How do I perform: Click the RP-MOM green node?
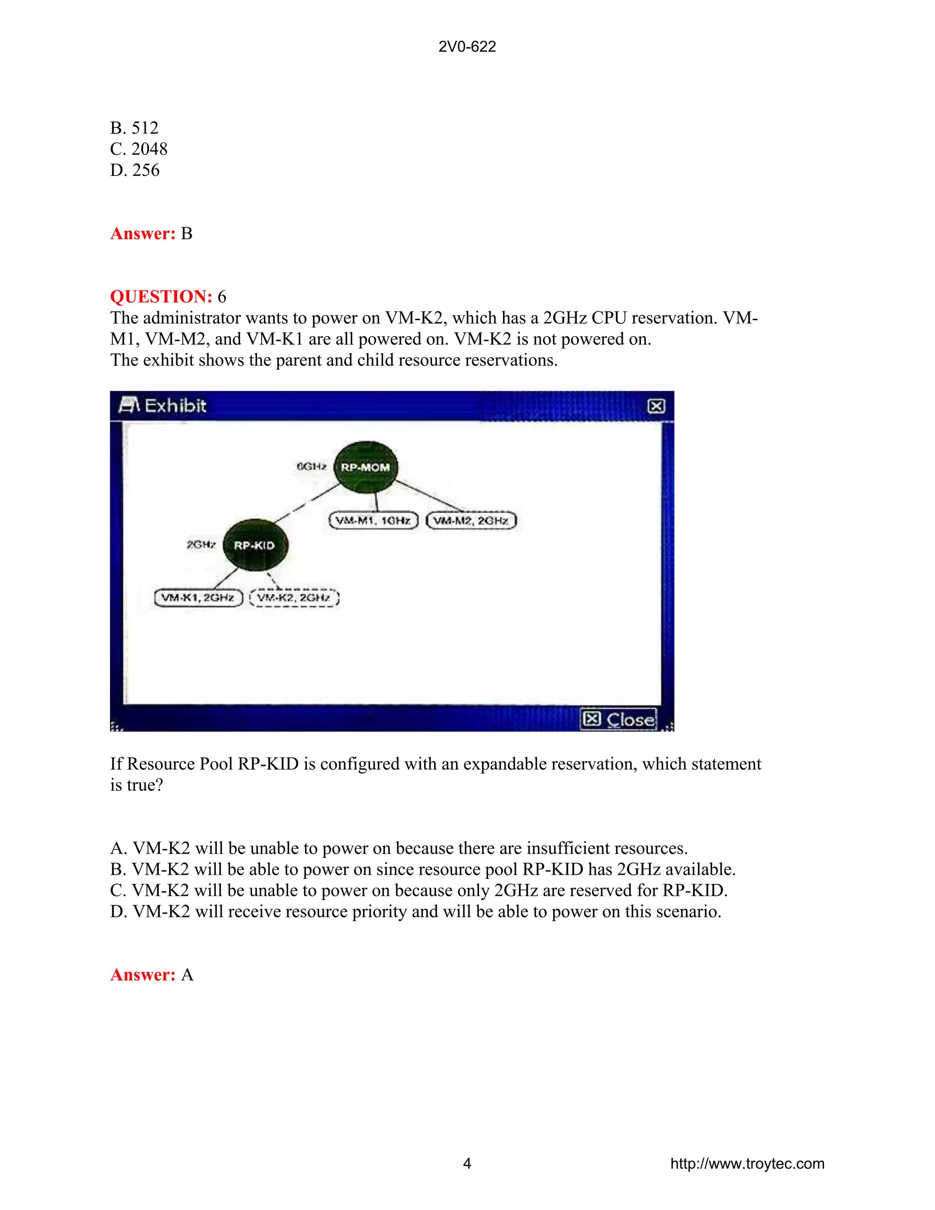[366, 467]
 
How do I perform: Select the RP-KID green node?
[255, 545]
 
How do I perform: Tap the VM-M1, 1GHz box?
[373, 520]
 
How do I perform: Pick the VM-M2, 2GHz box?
[471, 520]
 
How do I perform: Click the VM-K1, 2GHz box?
[198, 597]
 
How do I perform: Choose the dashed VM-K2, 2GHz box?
[294, 597]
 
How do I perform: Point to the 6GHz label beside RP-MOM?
[311, 467]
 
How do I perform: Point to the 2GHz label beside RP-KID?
[201, 545]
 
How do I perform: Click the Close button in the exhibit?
[619, 719]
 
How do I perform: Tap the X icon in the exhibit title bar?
[656, 406]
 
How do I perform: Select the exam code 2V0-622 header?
[467, 47]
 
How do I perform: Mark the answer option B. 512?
[135, 128]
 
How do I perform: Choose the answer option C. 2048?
[138, 149]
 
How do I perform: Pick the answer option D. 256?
[135, 170]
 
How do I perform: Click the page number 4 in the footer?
[467, 1163]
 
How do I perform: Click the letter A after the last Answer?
[187, 974]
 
